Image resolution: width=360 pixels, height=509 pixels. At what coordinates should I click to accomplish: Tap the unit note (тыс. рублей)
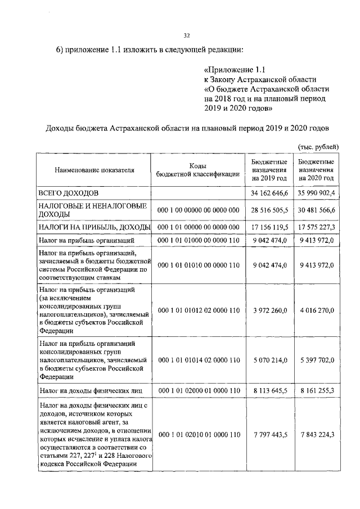point(318,146)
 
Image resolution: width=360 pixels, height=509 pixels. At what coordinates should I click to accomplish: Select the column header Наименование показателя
point(94,169)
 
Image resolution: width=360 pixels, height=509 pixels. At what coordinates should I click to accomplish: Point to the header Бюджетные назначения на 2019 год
point(269,169)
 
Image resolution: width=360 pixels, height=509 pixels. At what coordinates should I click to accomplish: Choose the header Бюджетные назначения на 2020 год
point(317,169)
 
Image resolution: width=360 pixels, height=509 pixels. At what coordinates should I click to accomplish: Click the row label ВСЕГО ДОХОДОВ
point(69,193)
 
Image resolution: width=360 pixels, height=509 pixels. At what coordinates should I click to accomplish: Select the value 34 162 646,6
point(269,193)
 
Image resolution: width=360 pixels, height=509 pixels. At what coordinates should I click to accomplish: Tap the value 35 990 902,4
point(317,193)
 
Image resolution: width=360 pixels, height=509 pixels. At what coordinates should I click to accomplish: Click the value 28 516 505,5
point(269,210)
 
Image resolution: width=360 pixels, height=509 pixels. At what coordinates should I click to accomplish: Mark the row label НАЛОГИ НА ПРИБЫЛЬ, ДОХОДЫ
point(94,227)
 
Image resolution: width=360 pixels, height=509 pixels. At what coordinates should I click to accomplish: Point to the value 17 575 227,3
point(317,227)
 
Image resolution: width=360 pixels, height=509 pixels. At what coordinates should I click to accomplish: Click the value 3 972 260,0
point(269,310)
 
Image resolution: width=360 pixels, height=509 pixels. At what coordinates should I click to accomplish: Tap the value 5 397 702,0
point(317,360)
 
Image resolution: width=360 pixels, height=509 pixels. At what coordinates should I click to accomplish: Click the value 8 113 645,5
point(269,389)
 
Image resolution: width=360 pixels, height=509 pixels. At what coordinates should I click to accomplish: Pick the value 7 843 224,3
point(317,435)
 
